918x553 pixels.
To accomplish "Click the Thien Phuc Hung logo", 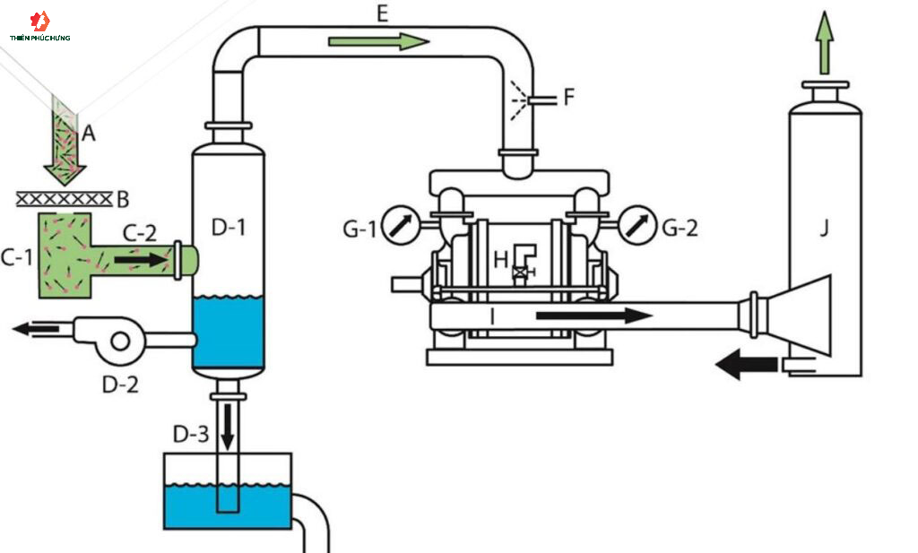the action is tap(39, 26).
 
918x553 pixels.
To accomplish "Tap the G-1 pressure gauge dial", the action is tap(401, 225).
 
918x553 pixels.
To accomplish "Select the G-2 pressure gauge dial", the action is tap(637, 225).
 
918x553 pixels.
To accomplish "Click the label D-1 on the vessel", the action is tap(229, 227).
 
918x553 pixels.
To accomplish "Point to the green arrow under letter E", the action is tap(379, 41).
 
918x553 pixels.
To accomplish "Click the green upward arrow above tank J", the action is tap(825, 43).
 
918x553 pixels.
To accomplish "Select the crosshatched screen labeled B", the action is tap(64, 200).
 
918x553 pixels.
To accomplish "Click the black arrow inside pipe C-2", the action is tap(141, 259).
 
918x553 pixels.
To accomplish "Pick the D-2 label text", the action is tap(121, 385).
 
